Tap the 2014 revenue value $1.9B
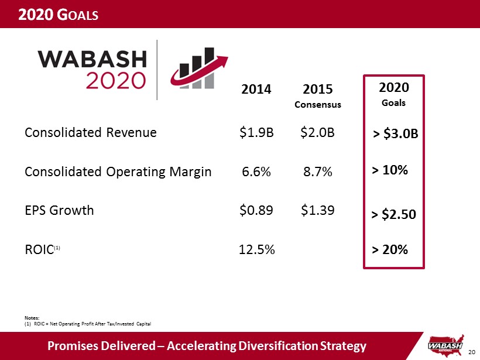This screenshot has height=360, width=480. pyautogui.click(x=256, y=132)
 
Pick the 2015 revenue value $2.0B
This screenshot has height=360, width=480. pyautogui.click(x=317, y=132)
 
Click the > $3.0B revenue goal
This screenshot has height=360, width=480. pyautogui.click(x=396, y=135)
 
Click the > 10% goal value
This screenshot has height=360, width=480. pyautogui.click(x=390, y=170)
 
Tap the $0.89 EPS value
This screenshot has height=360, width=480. pyautogui.click(x=256, y=210)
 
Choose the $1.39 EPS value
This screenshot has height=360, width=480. pyautogui.click(x=317, y=210)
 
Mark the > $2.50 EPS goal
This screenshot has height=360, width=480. pyautogui.click(x=394, y=214)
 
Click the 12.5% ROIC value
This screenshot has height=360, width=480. pyautogui.click(x=258, y=249)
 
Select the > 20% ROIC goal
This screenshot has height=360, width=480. pyautogui.click(x=390, y=250)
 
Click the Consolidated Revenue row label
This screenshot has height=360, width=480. pyautogui.click(x=91, y=132)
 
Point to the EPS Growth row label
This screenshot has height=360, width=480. pyautogui.click(x=59, y=210)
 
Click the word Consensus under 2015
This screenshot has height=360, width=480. pyautogui.click(x=318, y=105)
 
